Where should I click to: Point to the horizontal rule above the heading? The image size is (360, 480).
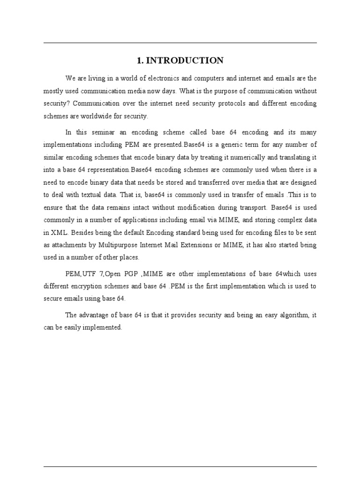[x=180, y=43]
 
